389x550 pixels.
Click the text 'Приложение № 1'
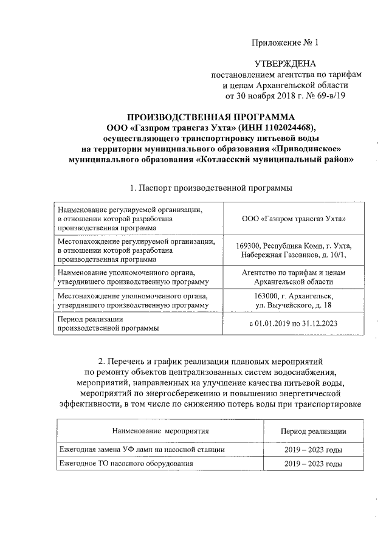click(284, 43)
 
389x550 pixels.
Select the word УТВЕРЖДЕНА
click(284, 64)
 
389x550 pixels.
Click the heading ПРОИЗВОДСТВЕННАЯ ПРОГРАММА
click(210, 117)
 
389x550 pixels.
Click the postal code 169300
click(249, 245)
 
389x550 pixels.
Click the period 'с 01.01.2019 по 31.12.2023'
click(294, 323)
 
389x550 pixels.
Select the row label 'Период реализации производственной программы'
click(108, 323)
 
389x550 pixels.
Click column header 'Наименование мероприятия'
click(160, 431)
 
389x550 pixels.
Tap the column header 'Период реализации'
click(313, 431)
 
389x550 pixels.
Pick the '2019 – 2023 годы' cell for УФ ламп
click(313, 450)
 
